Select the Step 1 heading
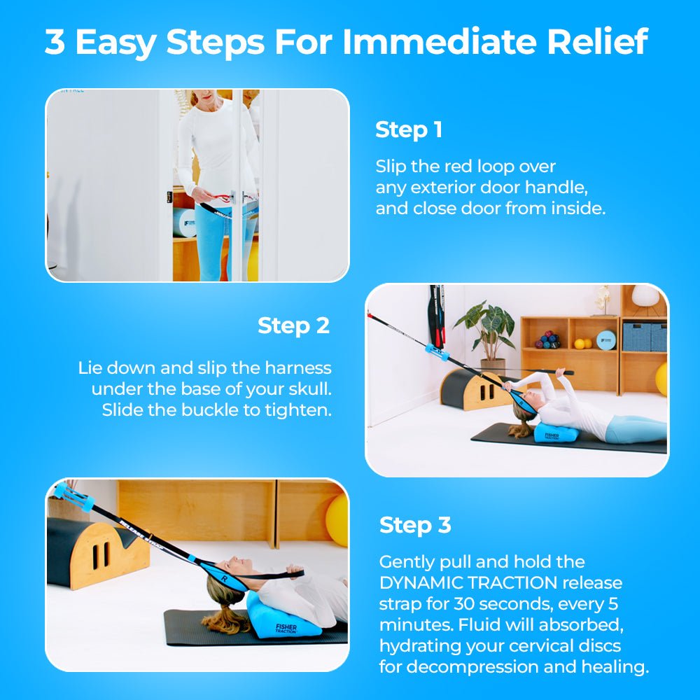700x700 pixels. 409,130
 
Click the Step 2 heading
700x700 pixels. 293,325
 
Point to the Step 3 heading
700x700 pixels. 414,525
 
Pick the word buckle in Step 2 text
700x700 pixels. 209,410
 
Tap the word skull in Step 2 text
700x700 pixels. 308,389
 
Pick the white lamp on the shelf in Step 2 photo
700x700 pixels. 645,295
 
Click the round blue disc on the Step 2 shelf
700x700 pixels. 606,339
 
